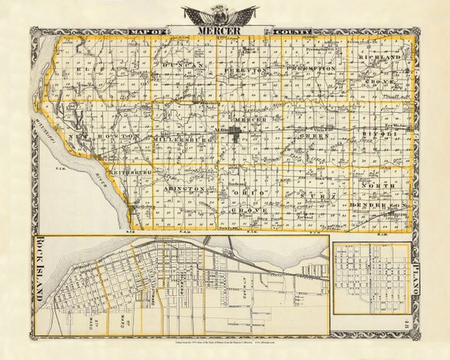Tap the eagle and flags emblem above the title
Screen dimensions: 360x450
click(x=219, y=14)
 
